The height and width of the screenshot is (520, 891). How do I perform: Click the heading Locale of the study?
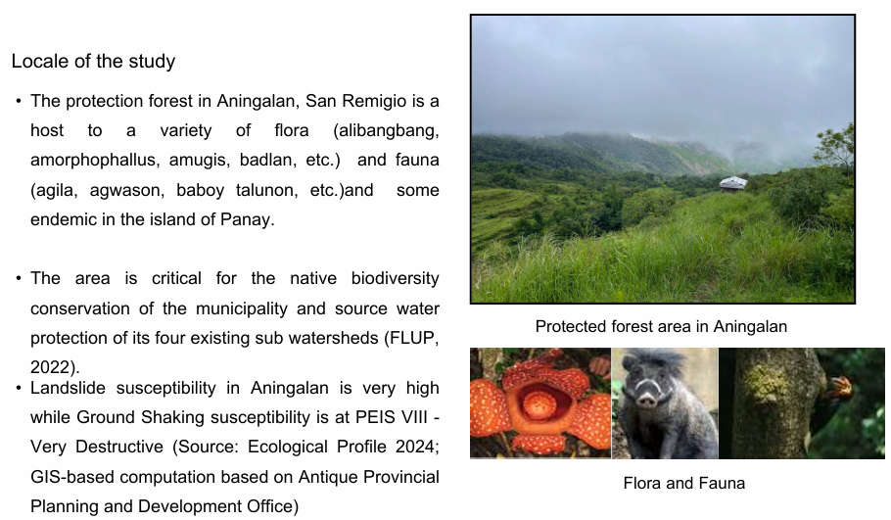(x=93, y=61)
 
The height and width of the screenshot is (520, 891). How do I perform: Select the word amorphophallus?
(x=93, y=161)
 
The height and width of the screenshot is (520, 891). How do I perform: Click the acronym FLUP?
(x=414, y=338)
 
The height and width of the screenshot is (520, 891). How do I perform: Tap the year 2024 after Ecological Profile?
(x=408, y=447)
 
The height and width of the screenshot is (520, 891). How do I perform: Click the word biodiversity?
(x=395, y=278)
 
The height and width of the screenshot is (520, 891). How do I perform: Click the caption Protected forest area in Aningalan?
(x=661, y=327)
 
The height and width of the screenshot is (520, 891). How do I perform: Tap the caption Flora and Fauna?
(x=684, y=483)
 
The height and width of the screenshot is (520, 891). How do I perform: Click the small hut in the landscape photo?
(x=733, y=183)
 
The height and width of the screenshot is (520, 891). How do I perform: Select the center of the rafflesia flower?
(x=539, y=404)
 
